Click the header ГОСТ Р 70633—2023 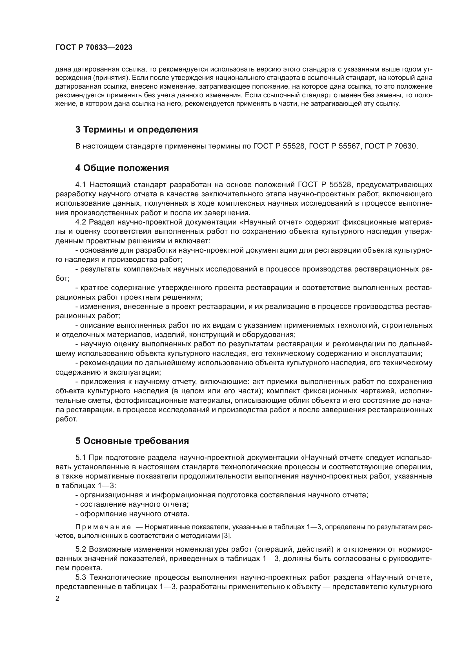(x=94, y=48)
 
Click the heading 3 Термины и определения (x=137, y=129)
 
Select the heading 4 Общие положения (x=122, y=168)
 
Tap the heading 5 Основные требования (x=132, y=441)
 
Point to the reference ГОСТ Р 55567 (x=332, y=146)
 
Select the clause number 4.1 (x=81, y=185)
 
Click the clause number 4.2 (x=81, y=222)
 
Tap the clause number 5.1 (x=81, y=457)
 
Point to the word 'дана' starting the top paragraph (x=63, y=69)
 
